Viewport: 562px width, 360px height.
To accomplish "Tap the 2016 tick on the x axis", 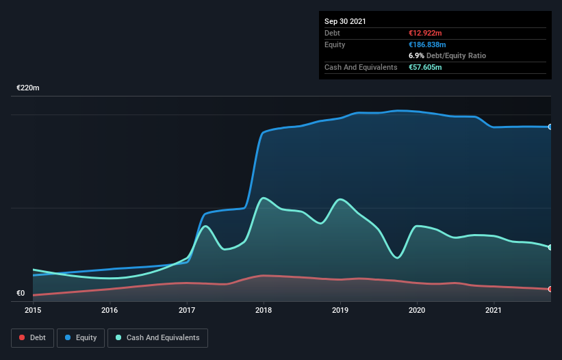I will pos(110,309).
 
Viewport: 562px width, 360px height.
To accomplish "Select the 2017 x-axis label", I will pos(186,309).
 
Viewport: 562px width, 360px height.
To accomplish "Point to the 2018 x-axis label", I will pos(263,309).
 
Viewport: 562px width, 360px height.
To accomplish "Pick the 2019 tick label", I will pos(340,309).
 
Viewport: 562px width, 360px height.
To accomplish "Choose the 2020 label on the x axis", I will pos(416,309).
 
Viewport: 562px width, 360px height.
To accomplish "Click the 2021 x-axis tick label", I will pos(493,309).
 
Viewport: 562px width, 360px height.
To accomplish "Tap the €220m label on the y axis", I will pos(28,88).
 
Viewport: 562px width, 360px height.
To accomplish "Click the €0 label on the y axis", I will pos(21,294).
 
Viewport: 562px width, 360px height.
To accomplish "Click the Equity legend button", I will pos(81,337).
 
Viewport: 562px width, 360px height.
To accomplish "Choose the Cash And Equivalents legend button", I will pos(157,337).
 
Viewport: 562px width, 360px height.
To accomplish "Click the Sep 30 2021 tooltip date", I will pos(345,21).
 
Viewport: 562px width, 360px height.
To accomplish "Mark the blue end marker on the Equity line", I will pos(550,127).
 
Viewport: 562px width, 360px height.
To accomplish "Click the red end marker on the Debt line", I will pos(550,289).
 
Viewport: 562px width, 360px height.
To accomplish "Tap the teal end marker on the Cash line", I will pos(550,247).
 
